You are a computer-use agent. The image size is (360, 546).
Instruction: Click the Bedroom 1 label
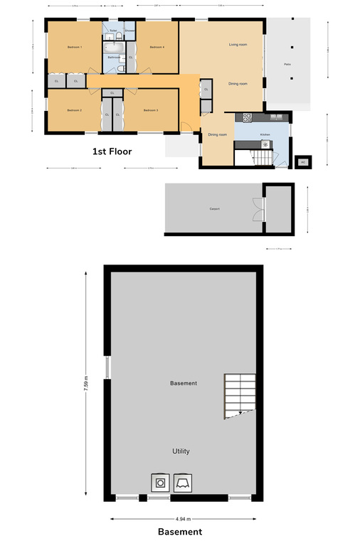coord(75,47)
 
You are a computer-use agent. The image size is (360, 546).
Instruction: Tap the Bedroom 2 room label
coord(75,110)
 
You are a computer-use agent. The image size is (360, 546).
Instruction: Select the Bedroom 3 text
coord(149,110)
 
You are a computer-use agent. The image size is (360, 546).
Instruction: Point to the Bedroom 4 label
coord(157,47)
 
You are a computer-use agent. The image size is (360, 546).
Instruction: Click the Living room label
coord(238,45)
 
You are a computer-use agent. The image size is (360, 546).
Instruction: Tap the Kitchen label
coord(265,134)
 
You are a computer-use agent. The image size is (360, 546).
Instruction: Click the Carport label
coord(214,209)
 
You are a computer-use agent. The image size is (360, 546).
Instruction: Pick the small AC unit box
coord(302,161)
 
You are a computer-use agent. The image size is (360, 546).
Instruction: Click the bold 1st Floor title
coord(112,151)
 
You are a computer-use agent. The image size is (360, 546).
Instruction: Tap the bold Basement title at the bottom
coord(180,532)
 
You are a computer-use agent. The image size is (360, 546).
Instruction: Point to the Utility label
coord(181,451)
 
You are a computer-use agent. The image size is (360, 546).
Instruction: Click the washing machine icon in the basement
coord(162,483)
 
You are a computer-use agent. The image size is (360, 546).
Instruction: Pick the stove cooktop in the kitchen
coord(248,117)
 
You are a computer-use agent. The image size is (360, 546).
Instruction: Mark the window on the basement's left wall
coord(107,368)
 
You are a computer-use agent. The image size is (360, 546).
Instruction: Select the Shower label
coord(129,31)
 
